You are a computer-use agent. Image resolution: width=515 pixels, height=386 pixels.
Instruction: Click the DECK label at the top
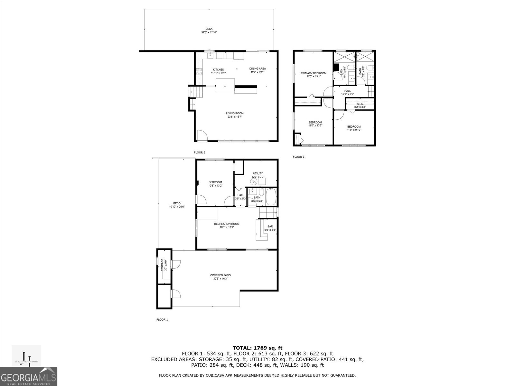[209, 29]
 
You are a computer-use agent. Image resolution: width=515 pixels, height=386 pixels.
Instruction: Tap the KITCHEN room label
[219, 69]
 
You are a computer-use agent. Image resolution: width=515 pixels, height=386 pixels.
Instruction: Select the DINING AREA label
[257, 69]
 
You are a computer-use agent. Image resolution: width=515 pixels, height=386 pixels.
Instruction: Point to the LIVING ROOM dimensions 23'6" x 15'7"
[234, 117]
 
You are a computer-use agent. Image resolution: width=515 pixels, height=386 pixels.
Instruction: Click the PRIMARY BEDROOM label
[314, 73]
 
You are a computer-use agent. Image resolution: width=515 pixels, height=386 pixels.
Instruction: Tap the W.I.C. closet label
[360, 104]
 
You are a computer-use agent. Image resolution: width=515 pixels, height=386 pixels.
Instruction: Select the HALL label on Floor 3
[347, 91]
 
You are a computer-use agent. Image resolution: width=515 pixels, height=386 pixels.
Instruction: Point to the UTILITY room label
[258, 173]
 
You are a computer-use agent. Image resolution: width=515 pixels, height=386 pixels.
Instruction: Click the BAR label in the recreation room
[270, 226]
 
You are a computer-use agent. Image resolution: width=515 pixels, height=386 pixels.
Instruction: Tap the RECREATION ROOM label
[227, 224]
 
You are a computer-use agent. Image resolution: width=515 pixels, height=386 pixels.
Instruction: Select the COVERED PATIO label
[220, 275]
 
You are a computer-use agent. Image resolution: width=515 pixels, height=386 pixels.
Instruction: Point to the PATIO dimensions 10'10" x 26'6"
[177, 207]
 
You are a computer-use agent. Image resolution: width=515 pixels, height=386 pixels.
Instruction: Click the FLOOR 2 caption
[199, 152]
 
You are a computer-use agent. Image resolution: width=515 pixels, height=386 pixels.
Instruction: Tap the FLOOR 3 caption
[298, 157]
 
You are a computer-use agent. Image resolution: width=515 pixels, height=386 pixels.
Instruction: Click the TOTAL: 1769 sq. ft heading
[257, 348]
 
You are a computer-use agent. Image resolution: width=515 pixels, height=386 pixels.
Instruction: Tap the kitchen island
[225, 85]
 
